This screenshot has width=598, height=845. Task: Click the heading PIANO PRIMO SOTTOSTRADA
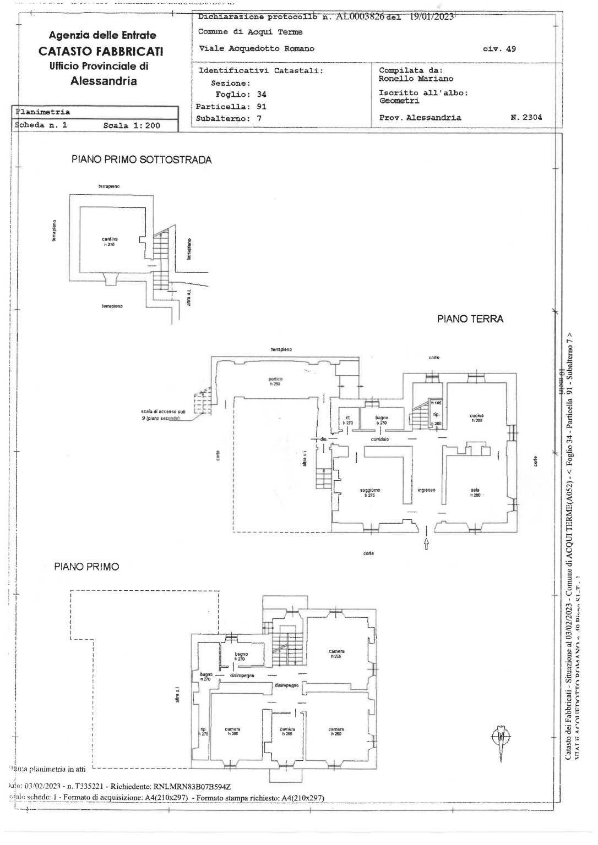click(142, 160)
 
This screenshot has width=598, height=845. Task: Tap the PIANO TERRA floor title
click(470, 319)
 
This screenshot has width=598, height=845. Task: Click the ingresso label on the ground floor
click(426, 490)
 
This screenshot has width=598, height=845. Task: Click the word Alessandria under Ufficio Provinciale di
click(104, 81)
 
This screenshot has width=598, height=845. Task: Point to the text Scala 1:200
click(132, 125)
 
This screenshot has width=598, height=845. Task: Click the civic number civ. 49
click(499, 48)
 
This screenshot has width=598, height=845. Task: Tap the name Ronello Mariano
click(416, 79)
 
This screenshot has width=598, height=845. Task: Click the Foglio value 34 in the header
click(262, 94)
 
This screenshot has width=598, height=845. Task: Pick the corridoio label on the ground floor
click(380, 439)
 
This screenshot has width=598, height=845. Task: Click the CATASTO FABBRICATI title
click(100, 51)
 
